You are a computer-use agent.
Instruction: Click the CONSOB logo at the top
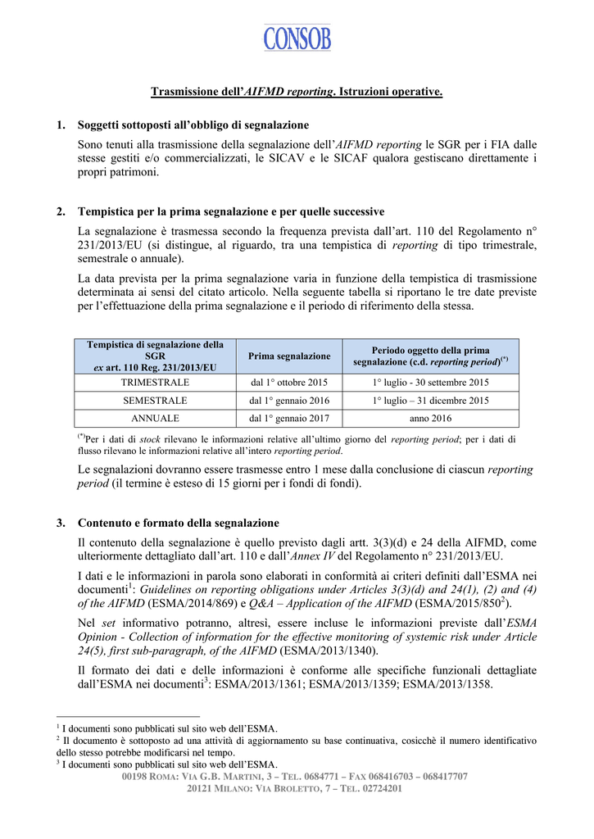[x=297, y=37]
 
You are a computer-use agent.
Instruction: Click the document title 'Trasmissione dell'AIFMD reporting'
[x=297, y=92]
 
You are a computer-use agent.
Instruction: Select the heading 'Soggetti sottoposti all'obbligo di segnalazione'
[x=193, y=125]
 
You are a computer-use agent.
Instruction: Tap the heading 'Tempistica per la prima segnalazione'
[x=231, y=211]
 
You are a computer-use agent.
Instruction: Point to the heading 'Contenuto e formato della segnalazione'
[x=179, y=523]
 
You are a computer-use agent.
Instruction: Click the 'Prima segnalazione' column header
[x=289, y=356]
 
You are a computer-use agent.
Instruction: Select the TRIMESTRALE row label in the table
[x=155, y=383]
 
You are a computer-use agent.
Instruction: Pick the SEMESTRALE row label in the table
[x=155, y=401]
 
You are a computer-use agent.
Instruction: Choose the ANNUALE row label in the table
[x=155, y=419]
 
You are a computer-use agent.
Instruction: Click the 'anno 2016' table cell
[x=431, y=419]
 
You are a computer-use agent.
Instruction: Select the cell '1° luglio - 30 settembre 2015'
[x=431, y=383]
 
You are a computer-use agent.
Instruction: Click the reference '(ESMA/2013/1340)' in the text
[x=330, y=651]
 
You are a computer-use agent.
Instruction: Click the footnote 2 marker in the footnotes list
[x=58, y=739]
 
